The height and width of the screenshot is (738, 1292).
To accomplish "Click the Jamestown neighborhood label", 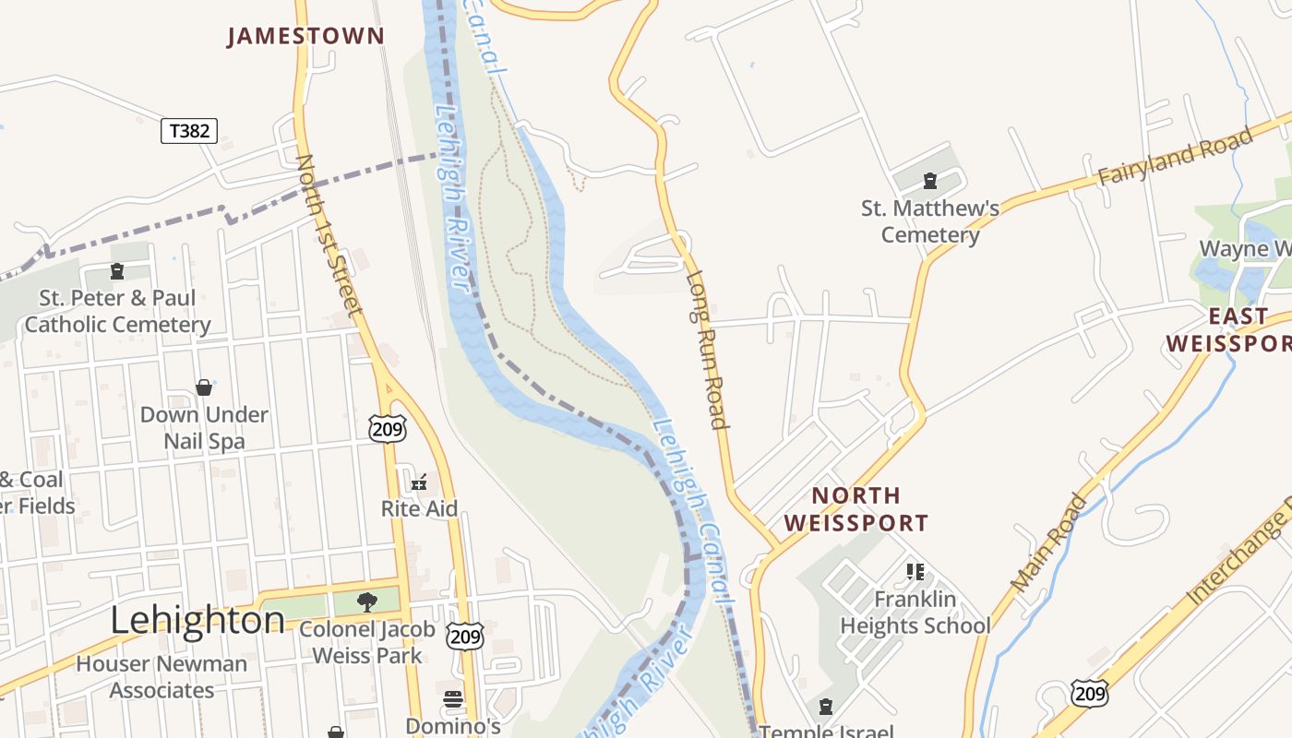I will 305,36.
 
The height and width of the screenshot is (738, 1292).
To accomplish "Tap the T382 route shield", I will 189,131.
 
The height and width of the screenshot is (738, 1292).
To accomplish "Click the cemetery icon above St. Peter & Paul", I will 117,271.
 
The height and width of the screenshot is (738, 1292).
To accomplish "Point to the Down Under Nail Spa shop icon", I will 204,387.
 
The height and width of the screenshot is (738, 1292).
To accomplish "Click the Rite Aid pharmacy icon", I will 419,482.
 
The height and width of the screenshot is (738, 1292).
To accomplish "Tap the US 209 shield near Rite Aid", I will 387,427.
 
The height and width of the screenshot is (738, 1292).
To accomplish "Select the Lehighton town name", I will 197,620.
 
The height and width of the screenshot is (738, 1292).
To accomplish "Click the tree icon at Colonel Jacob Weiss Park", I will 367,602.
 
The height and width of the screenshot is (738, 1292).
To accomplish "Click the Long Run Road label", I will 707,351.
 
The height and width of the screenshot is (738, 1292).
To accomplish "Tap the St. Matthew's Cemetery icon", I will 930,182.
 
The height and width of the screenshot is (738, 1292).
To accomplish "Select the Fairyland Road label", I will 1175,156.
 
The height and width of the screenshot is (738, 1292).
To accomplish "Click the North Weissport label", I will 855,509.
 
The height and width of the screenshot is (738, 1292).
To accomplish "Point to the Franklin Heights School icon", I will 915,572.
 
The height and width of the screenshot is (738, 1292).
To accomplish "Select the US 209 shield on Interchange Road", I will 1089,693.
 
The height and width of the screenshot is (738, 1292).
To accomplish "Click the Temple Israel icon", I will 826,708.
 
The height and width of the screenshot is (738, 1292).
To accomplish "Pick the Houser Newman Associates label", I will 161,677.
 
